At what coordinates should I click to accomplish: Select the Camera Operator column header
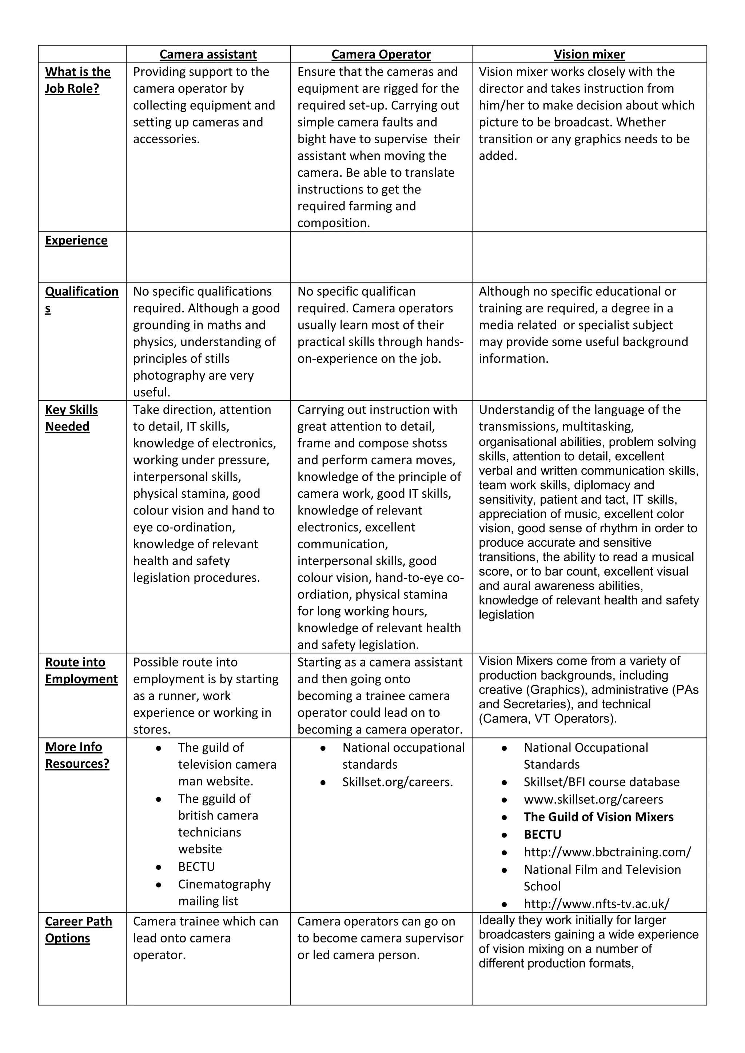[x=381, y=54]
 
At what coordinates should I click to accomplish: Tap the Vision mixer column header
[x=589, y=54]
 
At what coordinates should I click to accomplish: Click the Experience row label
[x=76, y=240]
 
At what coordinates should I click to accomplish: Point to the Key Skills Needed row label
[x=72, y=418]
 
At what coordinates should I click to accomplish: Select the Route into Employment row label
[x=81, y=670]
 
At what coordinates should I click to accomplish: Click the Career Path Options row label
[x=79, y=930]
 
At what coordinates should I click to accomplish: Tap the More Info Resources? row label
[x=77, y=755]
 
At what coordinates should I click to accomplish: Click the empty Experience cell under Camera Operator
[x=381, y=257]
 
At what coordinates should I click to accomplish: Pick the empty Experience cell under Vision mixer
[x=589, y=257]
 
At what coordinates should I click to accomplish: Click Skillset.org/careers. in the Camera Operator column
[x=397, y=782]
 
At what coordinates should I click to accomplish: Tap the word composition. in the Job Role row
[x=333, y=223]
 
